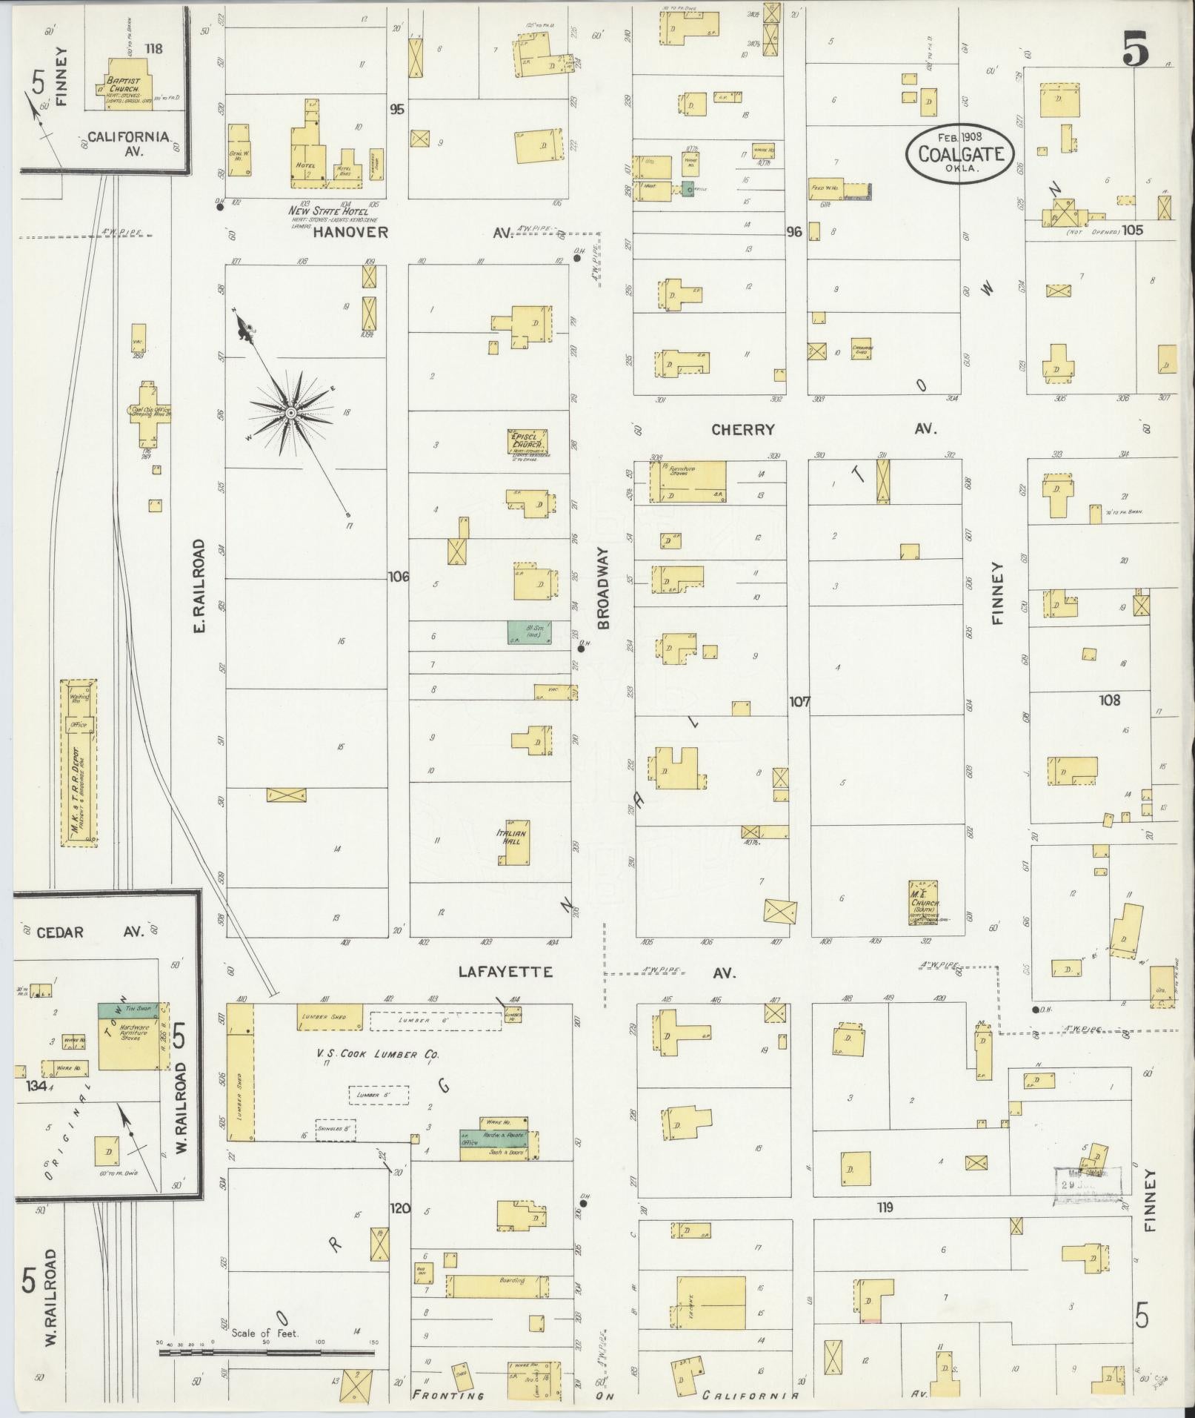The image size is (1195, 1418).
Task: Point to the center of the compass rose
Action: tap(290, 411)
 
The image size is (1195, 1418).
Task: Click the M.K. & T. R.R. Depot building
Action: tap(79, 761)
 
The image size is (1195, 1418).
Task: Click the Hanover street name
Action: tap(350, 232)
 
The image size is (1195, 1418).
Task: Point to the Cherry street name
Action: tap(742, 429)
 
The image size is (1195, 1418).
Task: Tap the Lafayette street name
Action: tap(505, 972)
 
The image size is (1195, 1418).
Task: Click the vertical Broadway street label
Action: tap(603, 589)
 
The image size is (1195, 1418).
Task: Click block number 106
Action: tap(397, 576)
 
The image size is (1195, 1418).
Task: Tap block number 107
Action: tap(799, 701)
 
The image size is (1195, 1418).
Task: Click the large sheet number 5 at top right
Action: tap(1135, 50)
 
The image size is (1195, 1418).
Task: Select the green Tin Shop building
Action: tap(127, 1010)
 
